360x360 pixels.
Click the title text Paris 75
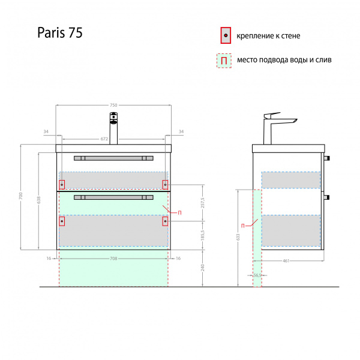(59, 34)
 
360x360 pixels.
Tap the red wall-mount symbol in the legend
(225, 36)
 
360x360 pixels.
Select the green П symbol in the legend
(223, 60)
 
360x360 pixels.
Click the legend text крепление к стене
(268, 36)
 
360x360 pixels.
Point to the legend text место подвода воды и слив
(284, 60)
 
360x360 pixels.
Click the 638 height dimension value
(38, 200)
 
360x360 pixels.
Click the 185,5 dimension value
(203, 235)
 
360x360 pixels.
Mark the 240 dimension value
(203, 268)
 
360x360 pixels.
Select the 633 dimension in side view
(238, 238)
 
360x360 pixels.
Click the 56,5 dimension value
(257, 275)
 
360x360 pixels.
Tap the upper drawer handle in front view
(113, 158)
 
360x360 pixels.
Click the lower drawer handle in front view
(113, 197)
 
